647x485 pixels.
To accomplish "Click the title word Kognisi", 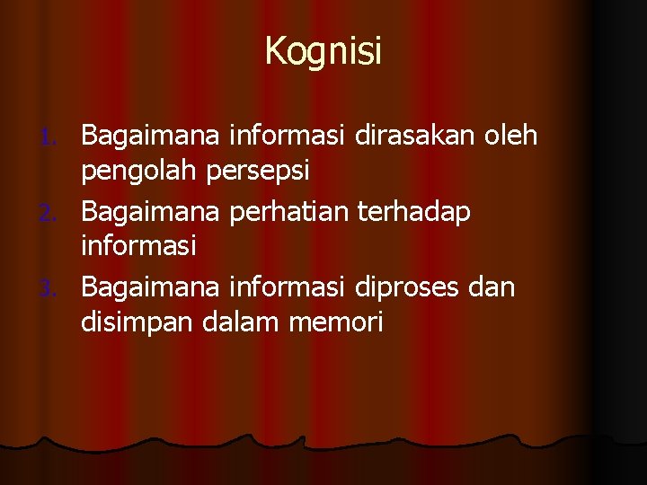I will tap(323, 51).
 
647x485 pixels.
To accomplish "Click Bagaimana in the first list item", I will tap(152, 137).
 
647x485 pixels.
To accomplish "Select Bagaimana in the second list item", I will tap(152, 212).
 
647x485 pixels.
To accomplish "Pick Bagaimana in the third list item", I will tap(152, 287).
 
